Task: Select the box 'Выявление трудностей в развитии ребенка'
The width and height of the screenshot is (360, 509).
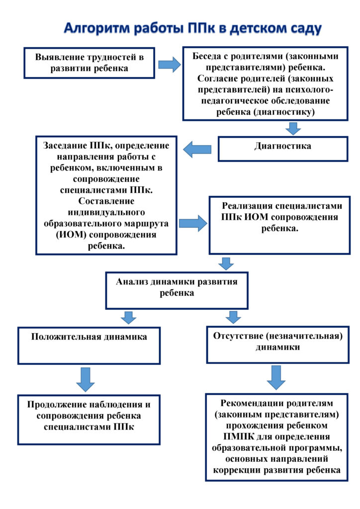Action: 90,63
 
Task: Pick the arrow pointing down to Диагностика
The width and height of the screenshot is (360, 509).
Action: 294,128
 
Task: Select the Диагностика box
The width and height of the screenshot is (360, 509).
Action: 282,148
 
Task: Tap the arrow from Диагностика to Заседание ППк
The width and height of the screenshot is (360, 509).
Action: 197,149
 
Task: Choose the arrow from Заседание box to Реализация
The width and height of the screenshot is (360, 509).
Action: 193,223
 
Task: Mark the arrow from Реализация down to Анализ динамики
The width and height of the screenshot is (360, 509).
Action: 226,263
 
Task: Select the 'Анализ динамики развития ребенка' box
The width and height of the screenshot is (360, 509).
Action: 177,290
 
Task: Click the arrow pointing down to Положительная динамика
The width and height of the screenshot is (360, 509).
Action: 129,317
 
